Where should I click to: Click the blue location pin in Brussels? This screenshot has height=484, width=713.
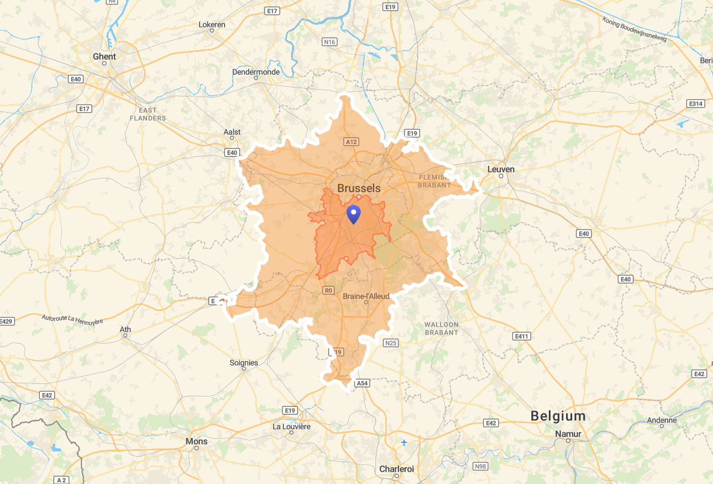click(x=353, y=213)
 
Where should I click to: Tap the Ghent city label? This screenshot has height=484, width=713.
click(x=104, y=57)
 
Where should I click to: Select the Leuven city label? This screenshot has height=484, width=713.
click(x=501, y=169)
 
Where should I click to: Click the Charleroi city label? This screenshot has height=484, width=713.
click(x=397, y=469)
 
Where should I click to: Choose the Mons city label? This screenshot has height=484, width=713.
click(x=196, y=441)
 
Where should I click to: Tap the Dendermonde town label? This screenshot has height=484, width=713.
click(x=256, y=72)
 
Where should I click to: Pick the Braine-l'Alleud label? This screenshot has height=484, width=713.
click(x=366, y=297)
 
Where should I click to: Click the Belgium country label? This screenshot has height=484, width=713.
click(x=558, y=416)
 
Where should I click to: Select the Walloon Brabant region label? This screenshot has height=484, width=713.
click(x=441, y=328)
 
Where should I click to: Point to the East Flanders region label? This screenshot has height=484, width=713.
click(x=148, y=114)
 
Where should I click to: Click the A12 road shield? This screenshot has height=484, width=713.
click(x=351, y=142)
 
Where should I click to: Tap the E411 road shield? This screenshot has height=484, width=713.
click(x=521, y=336)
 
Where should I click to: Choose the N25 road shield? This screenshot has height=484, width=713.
click(x=391, y=343)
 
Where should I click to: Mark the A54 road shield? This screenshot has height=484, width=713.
click(x=362, y=383)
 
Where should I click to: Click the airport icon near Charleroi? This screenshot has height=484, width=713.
click(x=404, y=443)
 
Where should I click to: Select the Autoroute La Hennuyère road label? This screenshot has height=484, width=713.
click(x=72, y=318)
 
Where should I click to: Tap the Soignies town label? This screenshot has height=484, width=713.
click(x=243, y=363)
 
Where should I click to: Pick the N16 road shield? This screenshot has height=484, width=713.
click(x=329, y=42)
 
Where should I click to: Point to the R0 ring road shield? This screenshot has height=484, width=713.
click(x=328, y=291)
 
